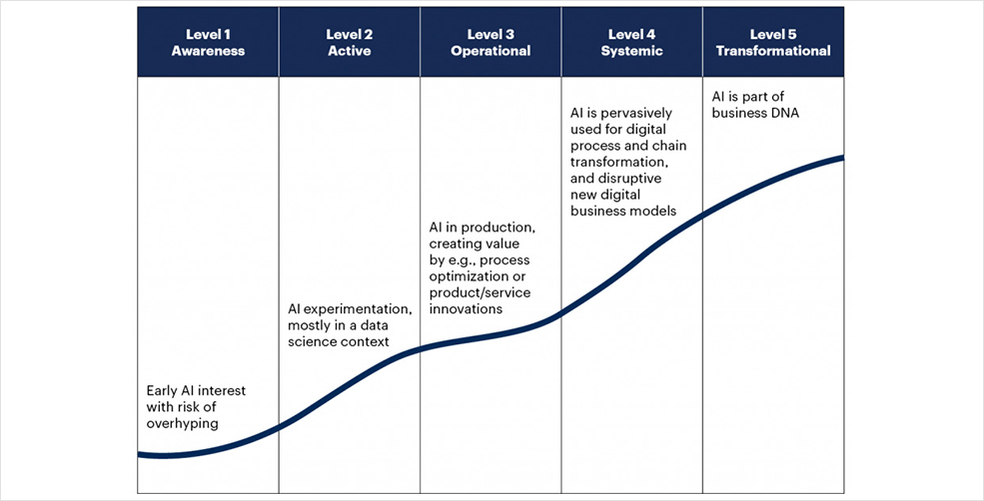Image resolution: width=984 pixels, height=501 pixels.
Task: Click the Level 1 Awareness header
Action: tap(208, 43)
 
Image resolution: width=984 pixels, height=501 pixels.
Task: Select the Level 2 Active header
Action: tap(350, 43)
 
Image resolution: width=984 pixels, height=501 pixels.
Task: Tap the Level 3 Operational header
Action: tap(491, 43)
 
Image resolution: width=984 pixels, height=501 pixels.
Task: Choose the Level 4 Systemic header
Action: tap(632, 43)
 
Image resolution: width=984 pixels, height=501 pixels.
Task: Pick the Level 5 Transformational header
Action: tap(773, 43)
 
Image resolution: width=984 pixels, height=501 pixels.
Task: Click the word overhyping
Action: tap(183, 424)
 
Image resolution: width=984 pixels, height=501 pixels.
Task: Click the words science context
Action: tap(339, 341)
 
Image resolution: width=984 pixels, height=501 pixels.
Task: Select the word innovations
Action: tap(466, 308)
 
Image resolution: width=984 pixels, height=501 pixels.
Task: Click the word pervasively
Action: tap(635, 114)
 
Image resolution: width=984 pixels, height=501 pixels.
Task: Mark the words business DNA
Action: tap(755, 114)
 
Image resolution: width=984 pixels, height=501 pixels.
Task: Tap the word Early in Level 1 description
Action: tap(161, 391)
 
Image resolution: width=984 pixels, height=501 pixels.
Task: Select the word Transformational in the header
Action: tap(773, 51)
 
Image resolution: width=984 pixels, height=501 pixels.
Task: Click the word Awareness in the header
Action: tap(208, 51)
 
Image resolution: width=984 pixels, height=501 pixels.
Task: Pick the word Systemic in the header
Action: tap(632, 51)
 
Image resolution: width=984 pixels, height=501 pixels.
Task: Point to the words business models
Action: tap(623, 212)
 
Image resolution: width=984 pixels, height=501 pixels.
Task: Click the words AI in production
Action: tap(483, 227)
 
